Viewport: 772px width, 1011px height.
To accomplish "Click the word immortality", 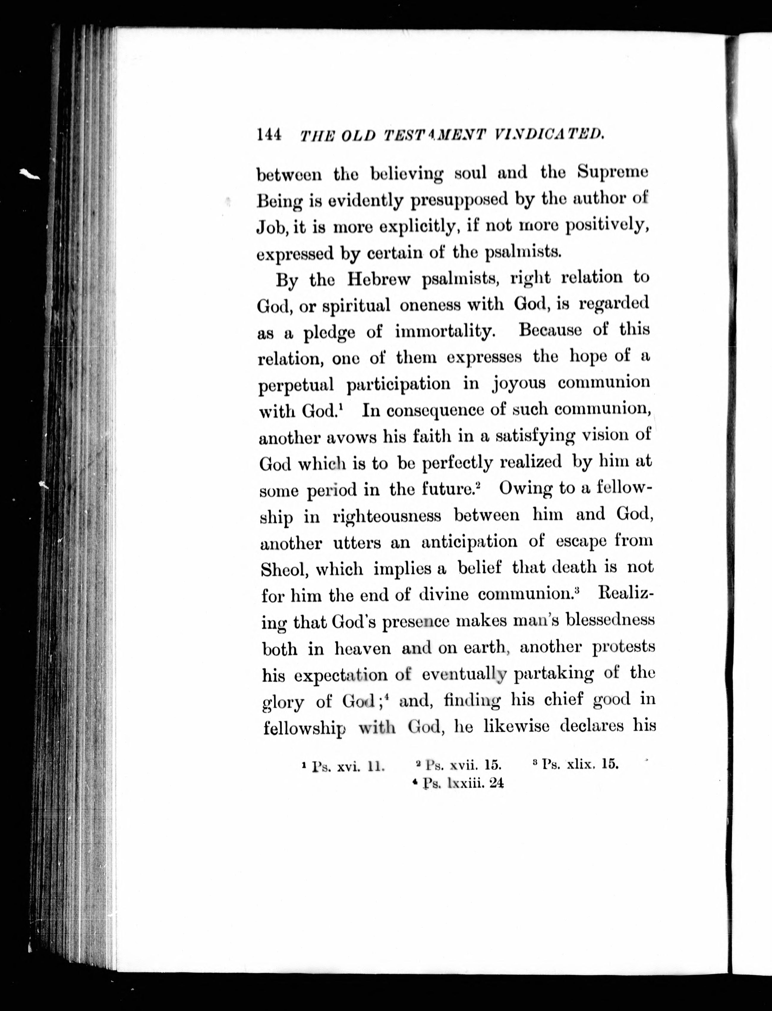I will coord(444,331).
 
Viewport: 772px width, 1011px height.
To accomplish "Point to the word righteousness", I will coord(387,516).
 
